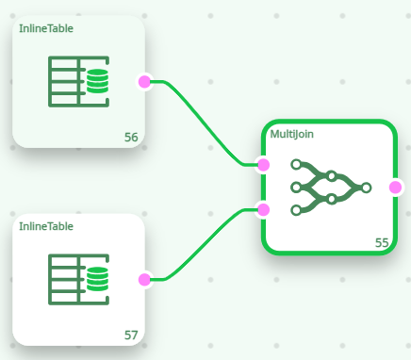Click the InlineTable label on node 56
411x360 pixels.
(46, 28)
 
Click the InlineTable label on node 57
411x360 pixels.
(46, 226)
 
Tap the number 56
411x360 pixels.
(131, 138)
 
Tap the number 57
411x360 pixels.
(131, 335)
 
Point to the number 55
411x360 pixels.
(382, 242)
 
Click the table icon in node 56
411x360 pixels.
(78, 83)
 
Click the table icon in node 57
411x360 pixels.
(78, 280)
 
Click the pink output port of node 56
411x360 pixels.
(144, 82)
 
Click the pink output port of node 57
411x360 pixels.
(144, 279)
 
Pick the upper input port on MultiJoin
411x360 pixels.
(264, 165)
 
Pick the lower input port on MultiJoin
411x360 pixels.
(264, 208)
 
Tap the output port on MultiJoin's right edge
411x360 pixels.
(395, 187)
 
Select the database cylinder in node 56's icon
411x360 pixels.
(97, 83)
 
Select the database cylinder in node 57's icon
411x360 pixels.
(97, 280)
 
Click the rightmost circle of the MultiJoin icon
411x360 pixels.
(366, 187)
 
